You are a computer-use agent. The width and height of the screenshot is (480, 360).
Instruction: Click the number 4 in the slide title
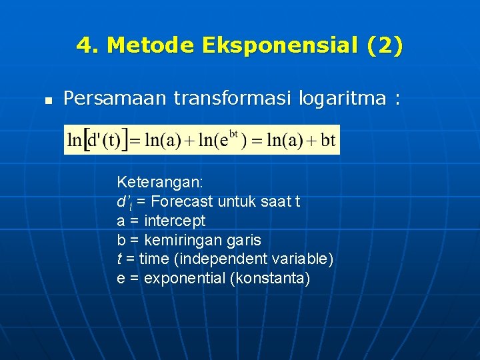[x=84, y=46]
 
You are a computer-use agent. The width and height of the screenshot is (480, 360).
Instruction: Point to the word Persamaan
[x=115, y=99]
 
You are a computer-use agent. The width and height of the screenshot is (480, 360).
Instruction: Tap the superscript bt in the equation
[x=233, y=134]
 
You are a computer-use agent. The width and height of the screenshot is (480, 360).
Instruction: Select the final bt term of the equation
[x=327, y=141]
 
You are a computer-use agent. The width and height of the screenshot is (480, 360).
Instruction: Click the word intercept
[x=175, y=221]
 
